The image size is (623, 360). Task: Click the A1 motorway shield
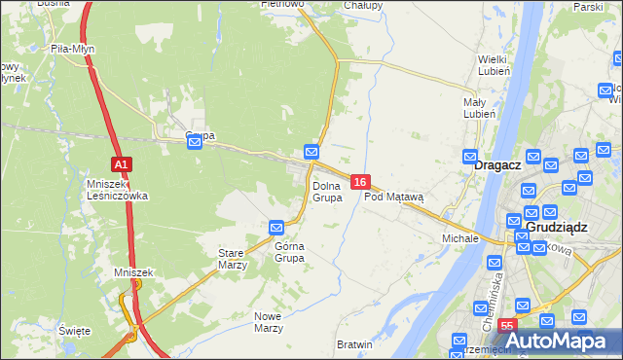[121, 164]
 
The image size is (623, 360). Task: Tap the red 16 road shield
[360, 182]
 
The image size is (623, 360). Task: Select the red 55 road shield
[506, 325]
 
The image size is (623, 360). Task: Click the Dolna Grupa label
[327, 191]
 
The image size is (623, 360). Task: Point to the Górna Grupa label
[289, 252]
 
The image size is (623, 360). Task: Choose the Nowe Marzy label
[269, 322]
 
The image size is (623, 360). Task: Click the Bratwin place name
[354, 344]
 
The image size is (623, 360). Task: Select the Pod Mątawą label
[394, 197]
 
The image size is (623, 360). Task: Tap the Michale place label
[460, 237]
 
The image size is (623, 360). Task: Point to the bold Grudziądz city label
[560, 227]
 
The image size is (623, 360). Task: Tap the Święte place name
[75, 331]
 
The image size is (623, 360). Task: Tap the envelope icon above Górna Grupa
[276, 228]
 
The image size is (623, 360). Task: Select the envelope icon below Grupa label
[195, 142]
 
